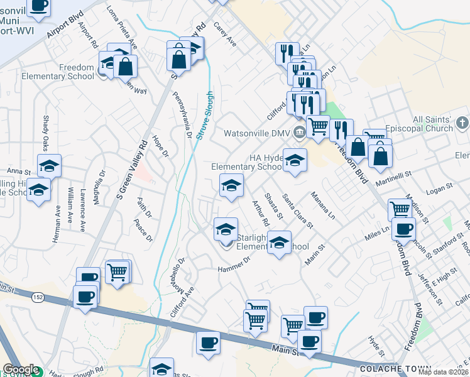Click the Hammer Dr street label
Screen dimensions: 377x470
[x=234, y=263]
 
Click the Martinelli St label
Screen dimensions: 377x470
[x=393, y=179]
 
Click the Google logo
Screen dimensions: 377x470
[x=21, y=369]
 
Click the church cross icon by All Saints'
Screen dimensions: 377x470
[x=462, y=123]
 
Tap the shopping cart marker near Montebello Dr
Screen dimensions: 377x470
[x=117, y=272]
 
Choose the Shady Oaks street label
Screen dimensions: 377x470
[x=45, y=131]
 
